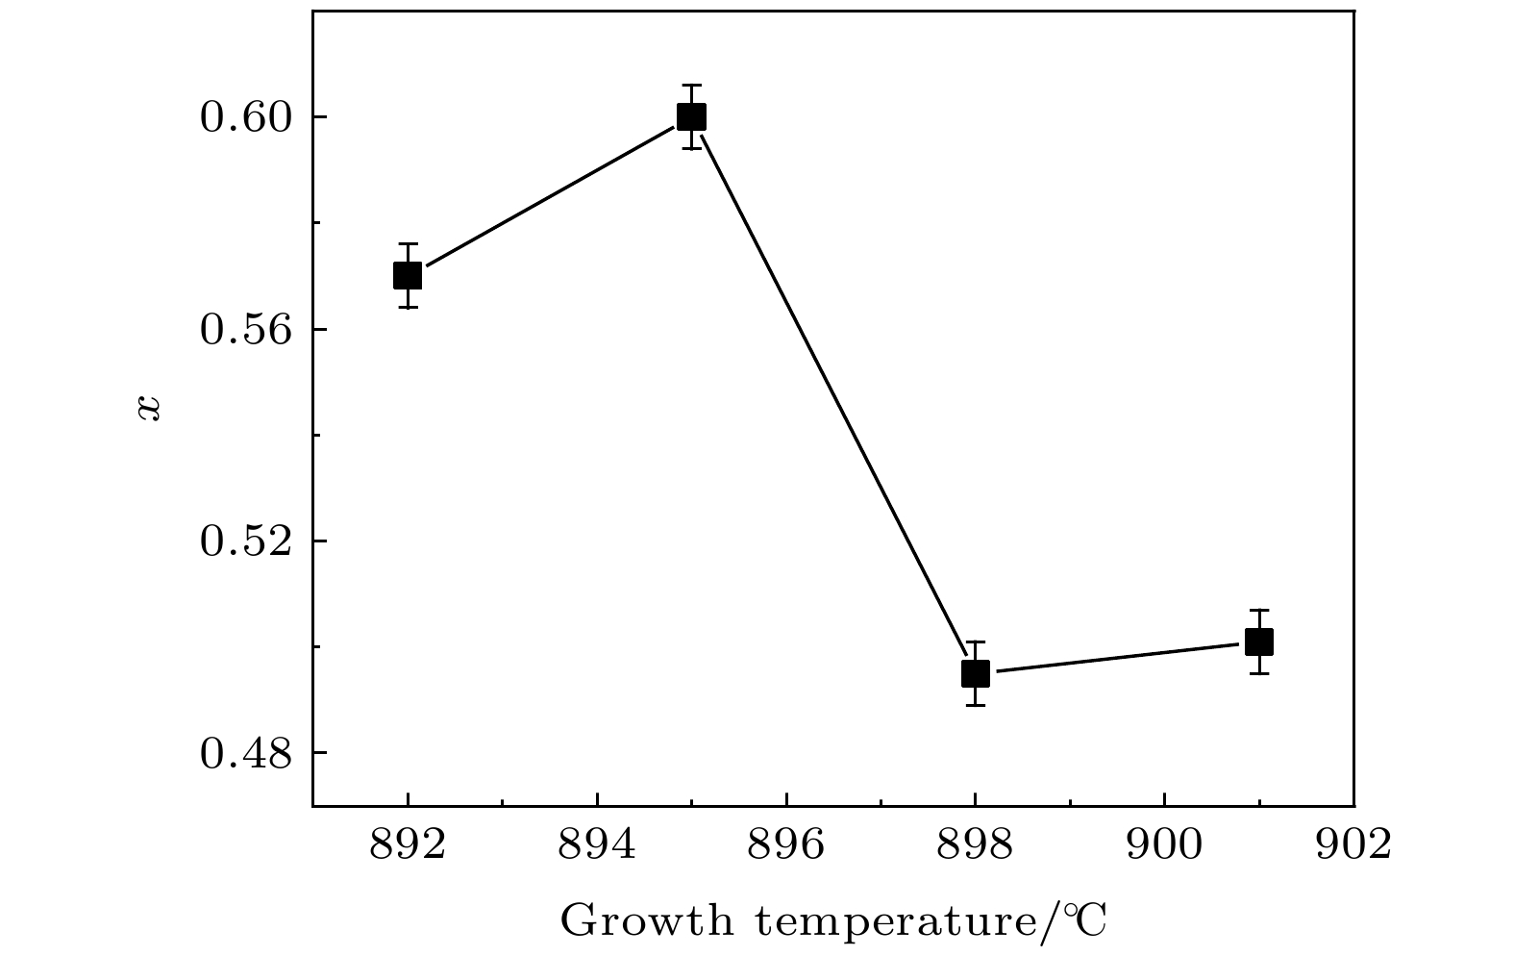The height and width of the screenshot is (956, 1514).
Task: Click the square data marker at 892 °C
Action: click(x=408, y=276)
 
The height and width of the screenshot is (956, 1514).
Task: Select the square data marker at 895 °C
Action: click(x=691, y=116)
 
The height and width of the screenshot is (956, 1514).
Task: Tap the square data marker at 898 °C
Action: click(x=975, y=673)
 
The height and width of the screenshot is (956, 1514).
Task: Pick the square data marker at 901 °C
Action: click(x=1258, y=642)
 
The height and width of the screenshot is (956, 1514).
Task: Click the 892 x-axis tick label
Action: click(x=408, y=845)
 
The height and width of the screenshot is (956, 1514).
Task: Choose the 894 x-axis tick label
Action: click(x=597, y=845)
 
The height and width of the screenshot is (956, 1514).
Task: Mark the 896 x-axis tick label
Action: click(x=786, y=845)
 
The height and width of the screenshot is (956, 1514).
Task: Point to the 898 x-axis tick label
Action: click(x=975, y=845)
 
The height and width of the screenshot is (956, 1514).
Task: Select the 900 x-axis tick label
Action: click(x=1164, y=845)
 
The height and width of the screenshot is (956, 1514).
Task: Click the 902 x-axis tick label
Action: click(x=1353, y=845)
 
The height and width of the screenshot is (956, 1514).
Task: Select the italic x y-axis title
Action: click(x=149, y=408)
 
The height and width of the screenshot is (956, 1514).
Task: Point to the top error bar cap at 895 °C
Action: click(x=691, y=85)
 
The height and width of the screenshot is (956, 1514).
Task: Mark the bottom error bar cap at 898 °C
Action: click(x=975, y=705)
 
